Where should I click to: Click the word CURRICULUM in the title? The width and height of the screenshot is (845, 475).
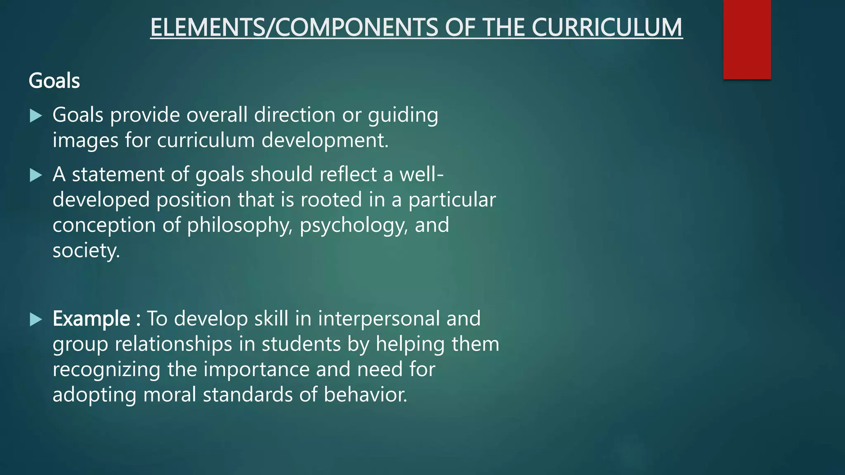click(607, 28)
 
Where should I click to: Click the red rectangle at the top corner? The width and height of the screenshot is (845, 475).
click(747, 39)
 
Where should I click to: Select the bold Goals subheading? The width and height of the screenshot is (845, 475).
click(54, 80)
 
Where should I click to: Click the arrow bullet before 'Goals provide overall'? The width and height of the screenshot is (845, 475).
click(36, 116)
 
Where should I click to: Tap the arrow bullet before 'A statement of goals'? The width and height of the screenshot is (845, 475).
click(36, 176)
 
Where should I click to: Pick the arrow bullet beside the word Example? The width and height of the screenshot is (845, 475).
click(36, 320)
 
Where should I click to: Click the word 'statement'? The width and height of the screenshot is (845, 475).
click(118, 174)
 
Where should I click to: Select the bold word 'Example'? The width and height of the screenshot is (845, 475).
click(91, 319)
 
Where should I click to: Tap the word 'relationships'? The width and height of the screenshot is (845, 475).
click(173, 344)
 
